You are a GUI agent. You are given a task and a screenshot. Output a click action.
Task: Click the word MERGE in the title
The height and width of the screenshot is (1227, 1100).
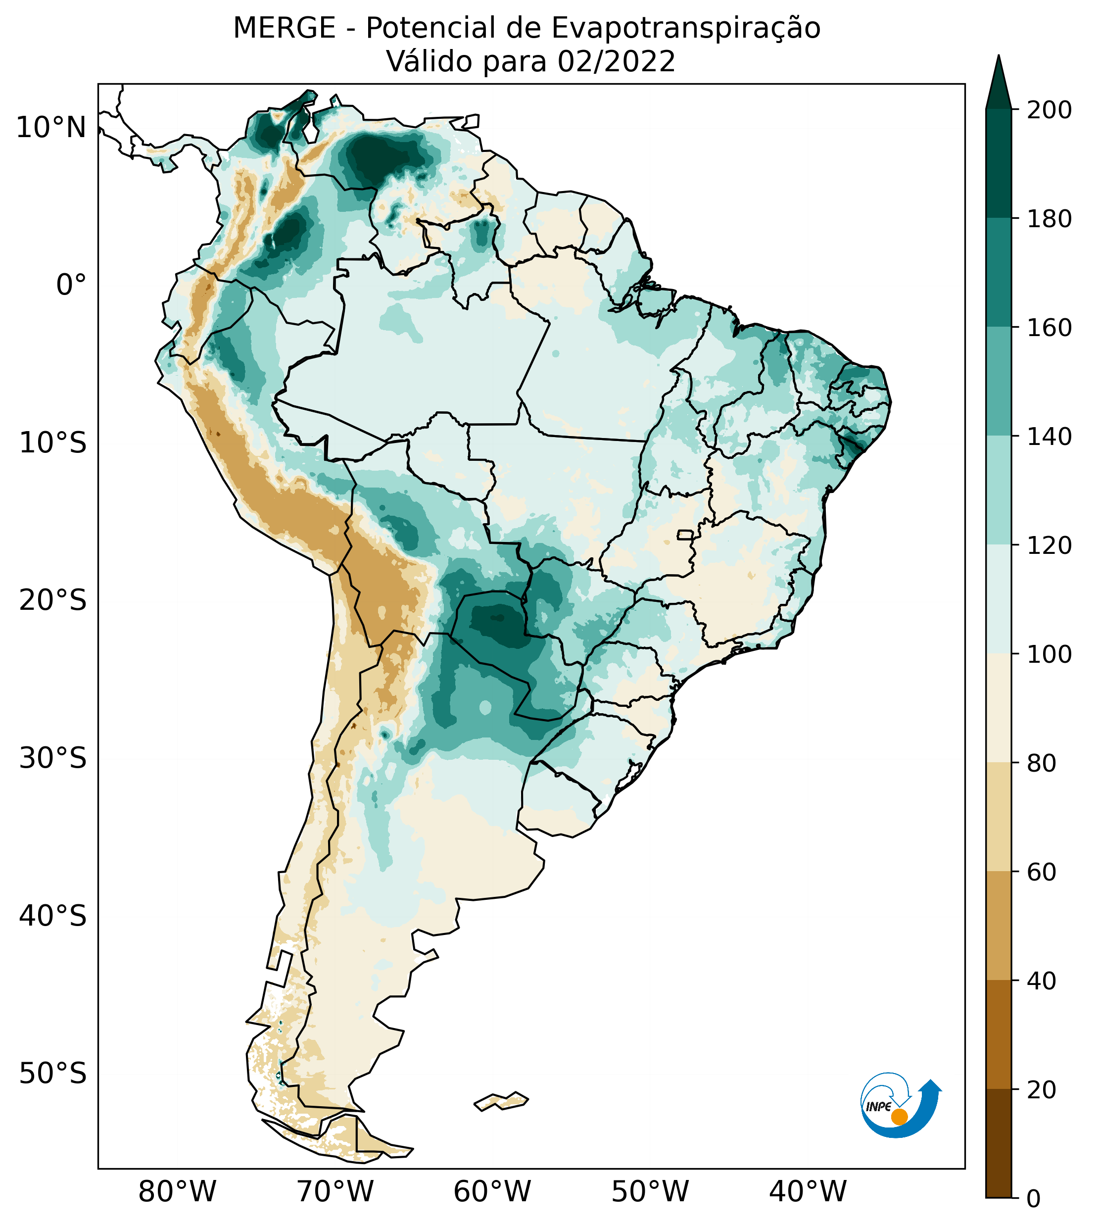pos(284,28)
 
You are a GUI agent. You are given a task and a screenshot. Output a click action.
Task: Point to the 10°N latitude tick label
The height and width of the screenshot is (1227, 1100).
pos(51,128)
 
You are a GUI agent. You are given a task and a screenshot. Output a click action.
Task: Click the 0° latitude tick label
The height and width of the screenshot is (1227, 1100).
pos(71,285)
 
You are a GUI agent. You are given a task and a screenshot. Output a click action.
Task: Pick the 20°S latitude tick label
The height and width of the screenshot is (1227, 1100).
pos(53,601)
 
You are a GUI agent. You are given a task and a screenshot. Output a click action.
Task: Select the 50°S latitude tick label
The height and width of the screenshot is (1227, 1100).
pos(53,1074)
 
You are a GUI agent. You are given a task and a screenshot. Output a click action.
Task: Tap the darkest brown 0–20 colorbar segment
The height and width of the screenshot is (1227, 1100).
pos(999,1143)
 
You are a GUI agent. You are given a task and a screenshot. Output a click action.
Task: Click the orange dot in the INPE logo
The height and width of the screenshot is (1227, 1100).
pos(899,1117)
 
